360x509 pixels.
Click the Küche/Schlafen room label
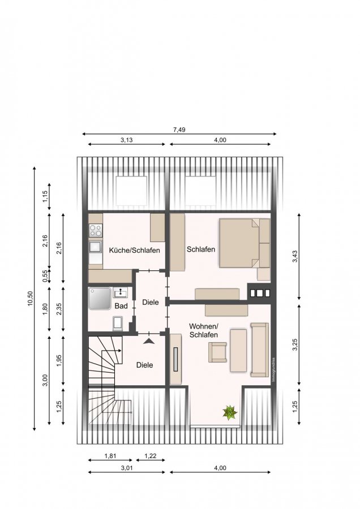tap(134, 251)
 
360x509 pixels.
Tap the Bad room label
tap(121, 306)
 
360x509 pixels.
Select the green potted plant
tap(230, 413)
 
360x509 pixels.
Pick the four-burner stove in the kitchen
tap(96, 231)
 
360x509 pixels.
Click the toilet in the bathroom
tap(118, 323)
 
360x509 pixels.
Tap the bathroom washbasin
tap(120, 292)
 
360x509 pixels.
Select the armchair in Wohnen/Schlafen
tap(217, 352)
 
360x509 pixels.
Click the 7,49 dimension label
tap(179, 130)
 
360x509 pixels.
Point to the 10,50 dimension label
tap(30, 299)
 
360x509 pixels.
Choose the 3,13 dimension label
tap(127, 140)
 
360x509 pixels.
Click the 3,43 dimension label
tap(295, 257)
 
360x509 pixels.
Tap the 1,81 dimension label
tap(110, 456)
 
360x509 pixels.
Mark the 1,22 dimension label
tap(150, 456)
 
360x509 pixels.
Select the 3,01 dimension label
tap(127, 468)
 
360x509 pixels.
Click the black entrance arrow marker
tap(149, 341)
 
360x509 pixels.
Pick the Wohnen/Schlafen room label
tap(204, 330)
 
